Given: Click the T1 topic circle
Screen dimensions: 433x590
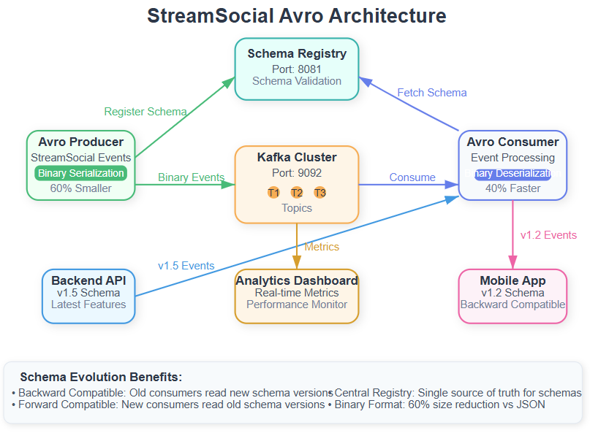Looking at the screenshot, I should point(273,193).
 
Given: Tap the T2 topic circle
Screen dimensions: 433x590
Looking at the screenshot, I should point(297,193).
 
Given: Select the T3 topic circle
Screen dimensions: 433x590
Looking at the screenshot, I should point(320,193).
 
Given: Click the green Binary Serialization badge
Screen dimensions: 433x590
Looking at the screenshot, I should point(80,173).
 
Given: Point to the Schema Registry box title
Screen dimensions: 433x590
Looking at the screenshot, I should point(297,53).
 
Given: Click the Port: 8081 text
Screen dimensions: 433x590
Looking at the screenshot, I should point(297,68).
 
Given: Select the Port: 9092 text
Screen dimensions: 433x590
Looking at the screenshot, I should point(297,173).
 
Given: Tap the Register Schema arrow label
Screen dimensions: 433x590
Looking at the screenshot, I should point(145,112).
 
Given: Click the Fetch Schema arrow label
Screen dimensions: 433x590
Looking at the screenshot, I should point(432,93).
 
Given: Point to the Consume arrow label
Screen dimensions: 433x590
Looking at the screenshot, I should point(412,177).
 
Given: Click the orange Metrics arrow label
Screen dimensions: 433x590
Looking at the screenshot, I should point(322,247).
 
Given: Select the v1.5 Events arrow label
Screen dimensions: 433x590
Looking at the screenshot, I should point(186,266).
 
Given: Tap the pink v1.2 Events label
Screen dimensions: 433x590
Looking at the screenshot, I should point(548,235).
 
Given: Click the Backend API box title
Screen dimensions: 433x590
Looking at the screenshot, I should point(88,280).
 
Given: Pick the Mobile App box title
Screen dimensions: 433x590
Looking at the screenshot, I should point(513,280).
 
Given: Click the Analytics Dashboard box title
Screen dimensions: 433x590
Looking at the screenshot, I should point(297,280).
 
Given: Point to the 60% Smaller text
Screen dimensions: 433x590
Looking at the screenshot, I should point(80,188).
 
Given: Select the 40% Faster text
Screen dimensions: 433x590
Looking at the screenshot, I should point(513,188).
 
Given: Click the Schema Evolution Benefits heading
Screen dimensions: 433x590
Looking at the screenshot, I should point(101,378).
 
